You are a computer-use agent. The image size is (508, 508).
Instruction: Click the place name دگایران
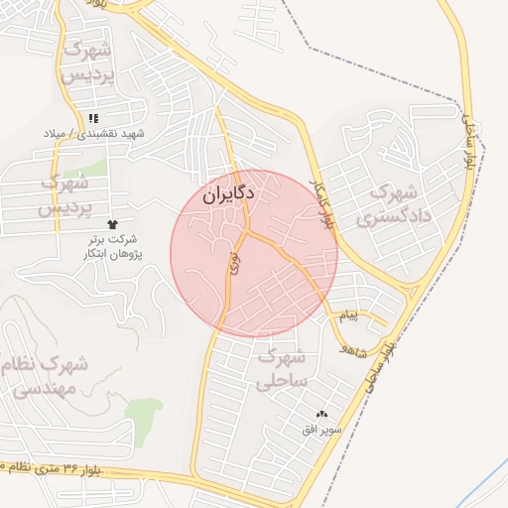(229, 193)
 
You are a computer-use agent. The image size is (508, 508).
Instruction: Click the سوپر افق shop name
(322, 430)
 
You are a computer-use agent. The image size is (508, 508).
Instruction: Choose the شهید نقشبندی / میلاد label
(94, 133)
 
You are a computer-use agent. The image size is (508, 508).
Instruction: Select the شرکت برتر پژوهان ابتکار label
(110, 247)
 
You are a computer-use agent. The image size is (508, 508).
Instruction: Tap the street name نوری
(234, 263)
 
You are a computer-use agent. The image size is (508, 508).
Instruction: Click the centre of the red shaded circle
(254, 253)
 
